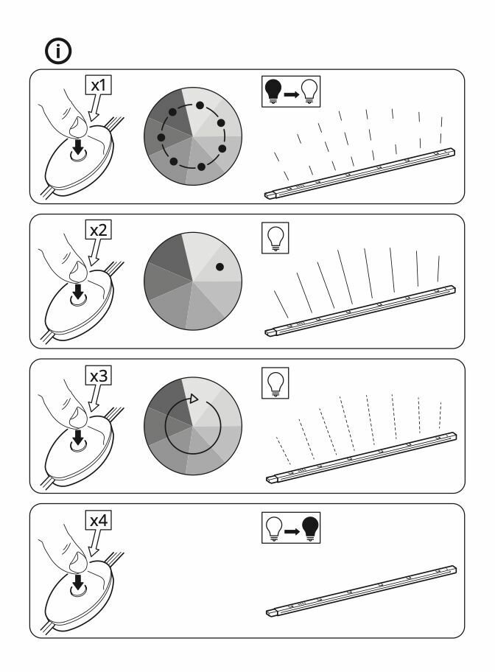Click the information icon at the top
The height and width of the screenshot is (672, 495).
coord(58,52)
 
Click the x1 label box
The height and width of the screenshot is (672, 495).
coord(98,85)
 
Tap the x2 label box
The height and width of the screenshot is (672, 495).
coord(98,230)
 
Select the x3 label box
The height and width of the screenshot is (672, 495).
coord(98,376)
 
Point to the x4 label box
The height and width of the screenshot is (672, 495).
coord(98,520)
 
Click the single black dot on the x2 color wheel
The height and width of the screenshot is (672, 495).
coord(220,267)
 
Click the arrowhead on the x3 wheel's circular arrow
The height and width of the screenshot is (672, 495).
coord(194,399)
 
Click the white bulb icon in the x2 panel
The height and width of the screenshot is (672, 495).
coord(275,238)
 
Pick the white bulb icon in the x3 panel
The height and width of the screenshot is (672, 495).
coord(275,383)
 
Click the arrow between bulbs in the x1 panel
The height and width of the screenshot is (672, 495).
coord(292,94)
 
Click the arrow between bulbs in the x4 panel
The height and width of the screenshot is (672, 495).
coord(292,531)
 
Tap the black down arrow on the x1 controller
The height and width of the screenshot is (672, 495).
coord(78,147)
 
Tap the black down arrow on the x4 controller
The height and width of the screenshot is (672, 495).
coord(78,582)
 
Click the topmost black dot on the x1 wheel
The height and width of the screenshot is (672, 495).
coord(200,105)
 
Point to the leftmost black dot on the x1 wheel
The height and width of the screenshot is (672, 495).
coord(161,137)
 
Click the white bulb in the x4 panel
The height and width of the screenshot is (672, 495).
coord(274,528)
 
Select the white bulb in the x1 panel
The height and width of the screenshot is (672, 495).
coord(309,91)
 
